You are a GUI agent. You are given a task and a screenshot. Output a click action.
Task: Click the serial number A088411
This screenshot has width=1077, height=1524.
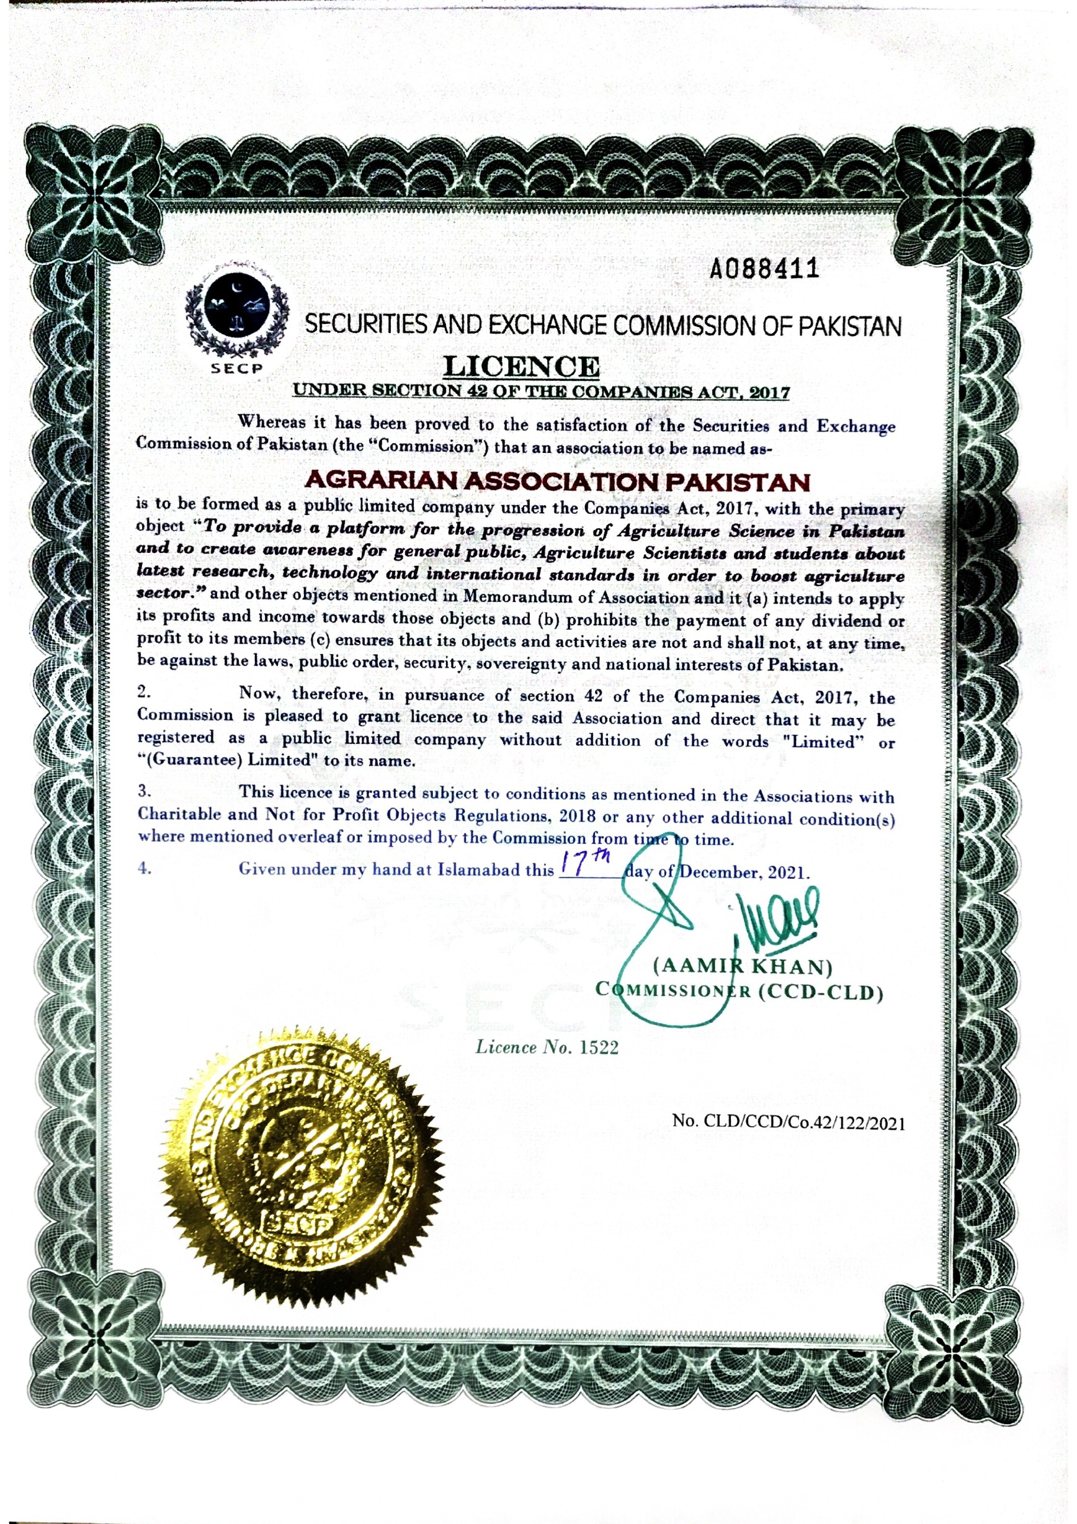762,269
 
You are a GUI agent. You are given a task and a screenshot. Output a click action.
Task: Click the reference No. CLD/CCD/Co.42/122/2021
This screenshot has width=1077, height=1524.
789,1123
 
